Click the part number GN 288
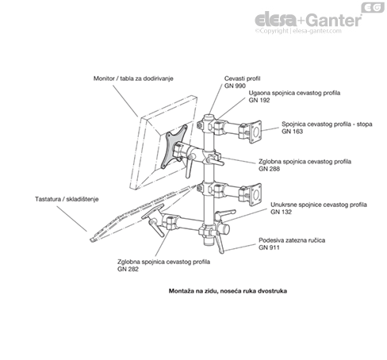(x=270, y=169)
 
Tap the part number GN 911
(x=270, y=247)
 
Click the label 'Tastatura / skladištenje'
(x=67, y=198)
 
